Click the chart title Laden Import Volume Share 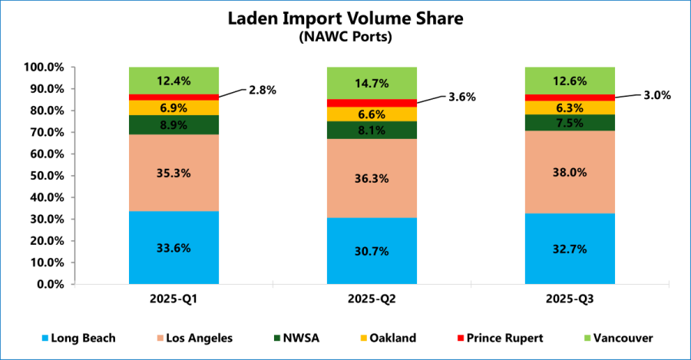[x=345, y=19]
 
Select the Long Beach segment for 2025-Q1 [x=174, y=247]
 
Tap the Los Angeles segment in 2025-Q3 [x=570, y=172]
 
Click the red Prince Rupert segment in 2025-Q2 [x=372, y=103]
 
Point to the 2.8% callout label [x=262, y=90]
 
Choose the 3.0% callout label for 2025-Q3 [x=657, y=95]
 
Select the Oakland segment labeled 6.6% [x=372, y=114]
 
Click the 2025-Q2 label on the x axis [x=372, y=298]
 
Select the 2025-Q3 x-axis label [x=570, y=298]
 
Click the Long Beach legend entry [x=77, y=338]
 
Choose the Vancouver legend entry [x=621, y=338]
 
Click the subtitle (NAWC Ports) [x=345, y=37]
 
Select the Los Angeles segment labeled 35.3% [x=174, y=173]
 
